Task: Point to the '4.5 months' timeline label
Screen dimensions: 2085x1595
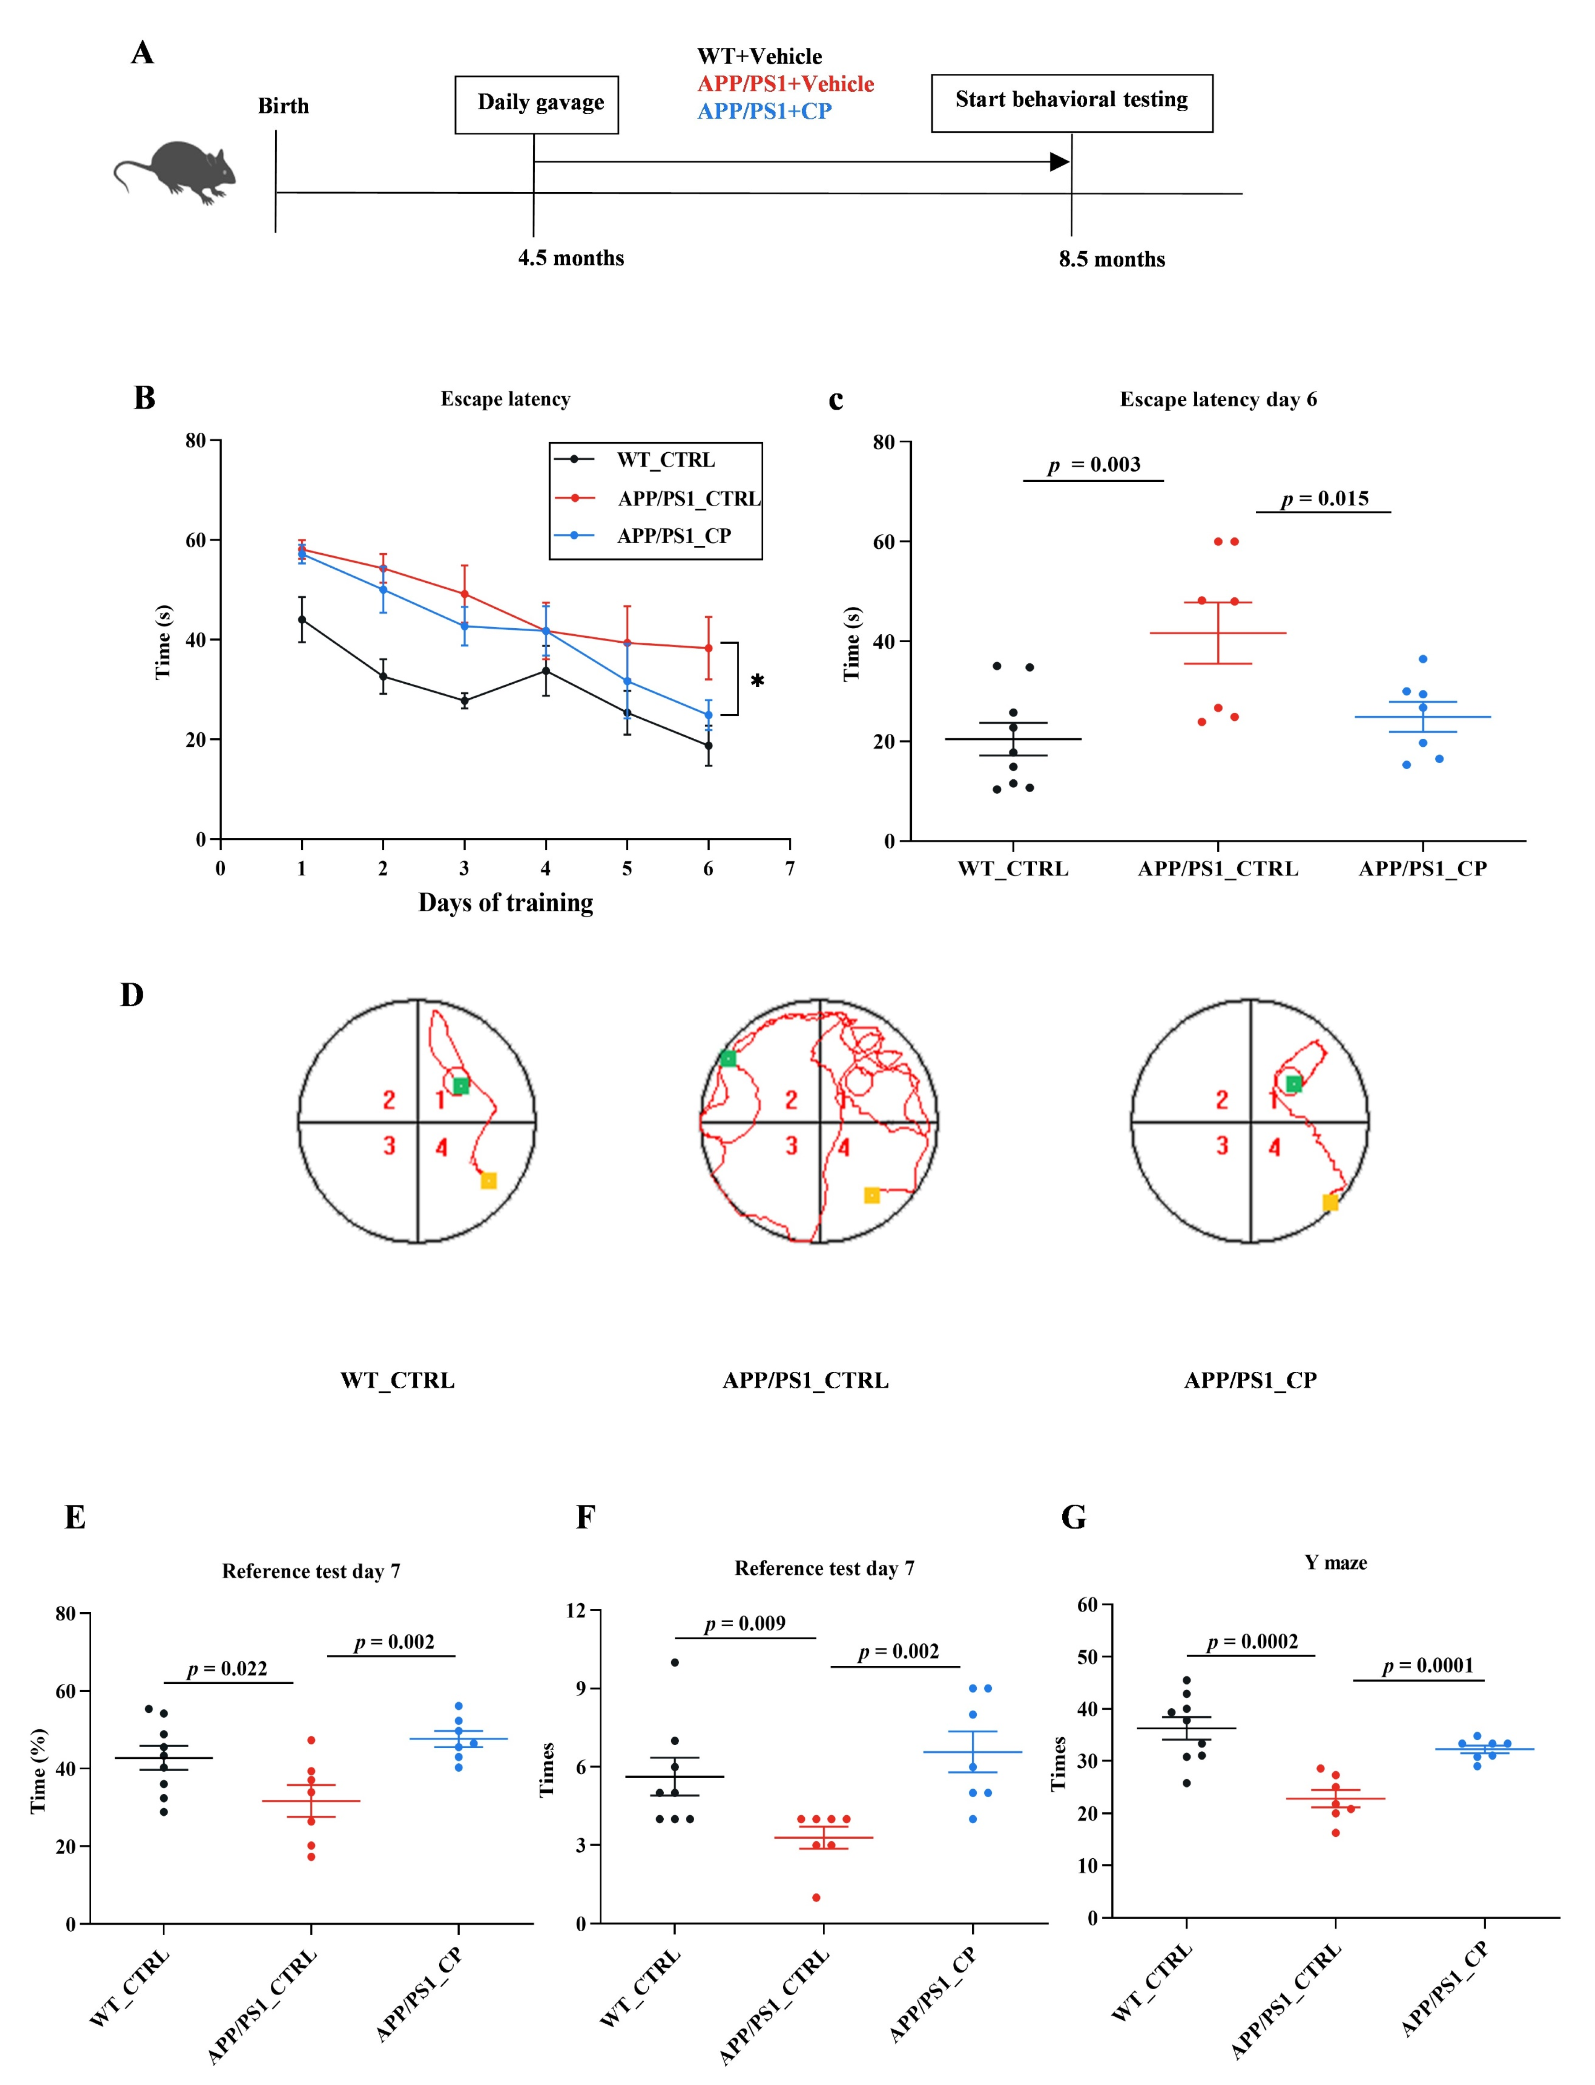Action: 571,258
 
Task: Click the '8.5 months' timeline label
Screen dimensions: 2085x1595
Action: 1112,259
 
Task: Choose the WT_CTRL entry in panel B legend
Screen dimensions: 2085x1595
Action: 665,460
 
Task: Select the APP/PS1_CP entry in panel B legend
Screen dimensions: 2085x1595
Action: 673,536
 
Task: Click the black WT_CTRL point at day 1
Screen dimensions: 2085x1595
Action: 302,620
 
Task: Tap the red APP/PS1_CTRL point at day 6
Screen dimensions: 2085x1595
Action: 708,648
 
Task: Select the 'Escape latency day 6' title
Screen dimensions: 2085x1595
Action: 1218,399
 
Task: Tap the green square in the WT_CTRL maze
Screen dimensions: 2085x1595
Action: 460,1086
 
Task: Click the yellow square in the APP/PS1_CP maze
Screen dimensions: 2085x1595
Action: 1330,1203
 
